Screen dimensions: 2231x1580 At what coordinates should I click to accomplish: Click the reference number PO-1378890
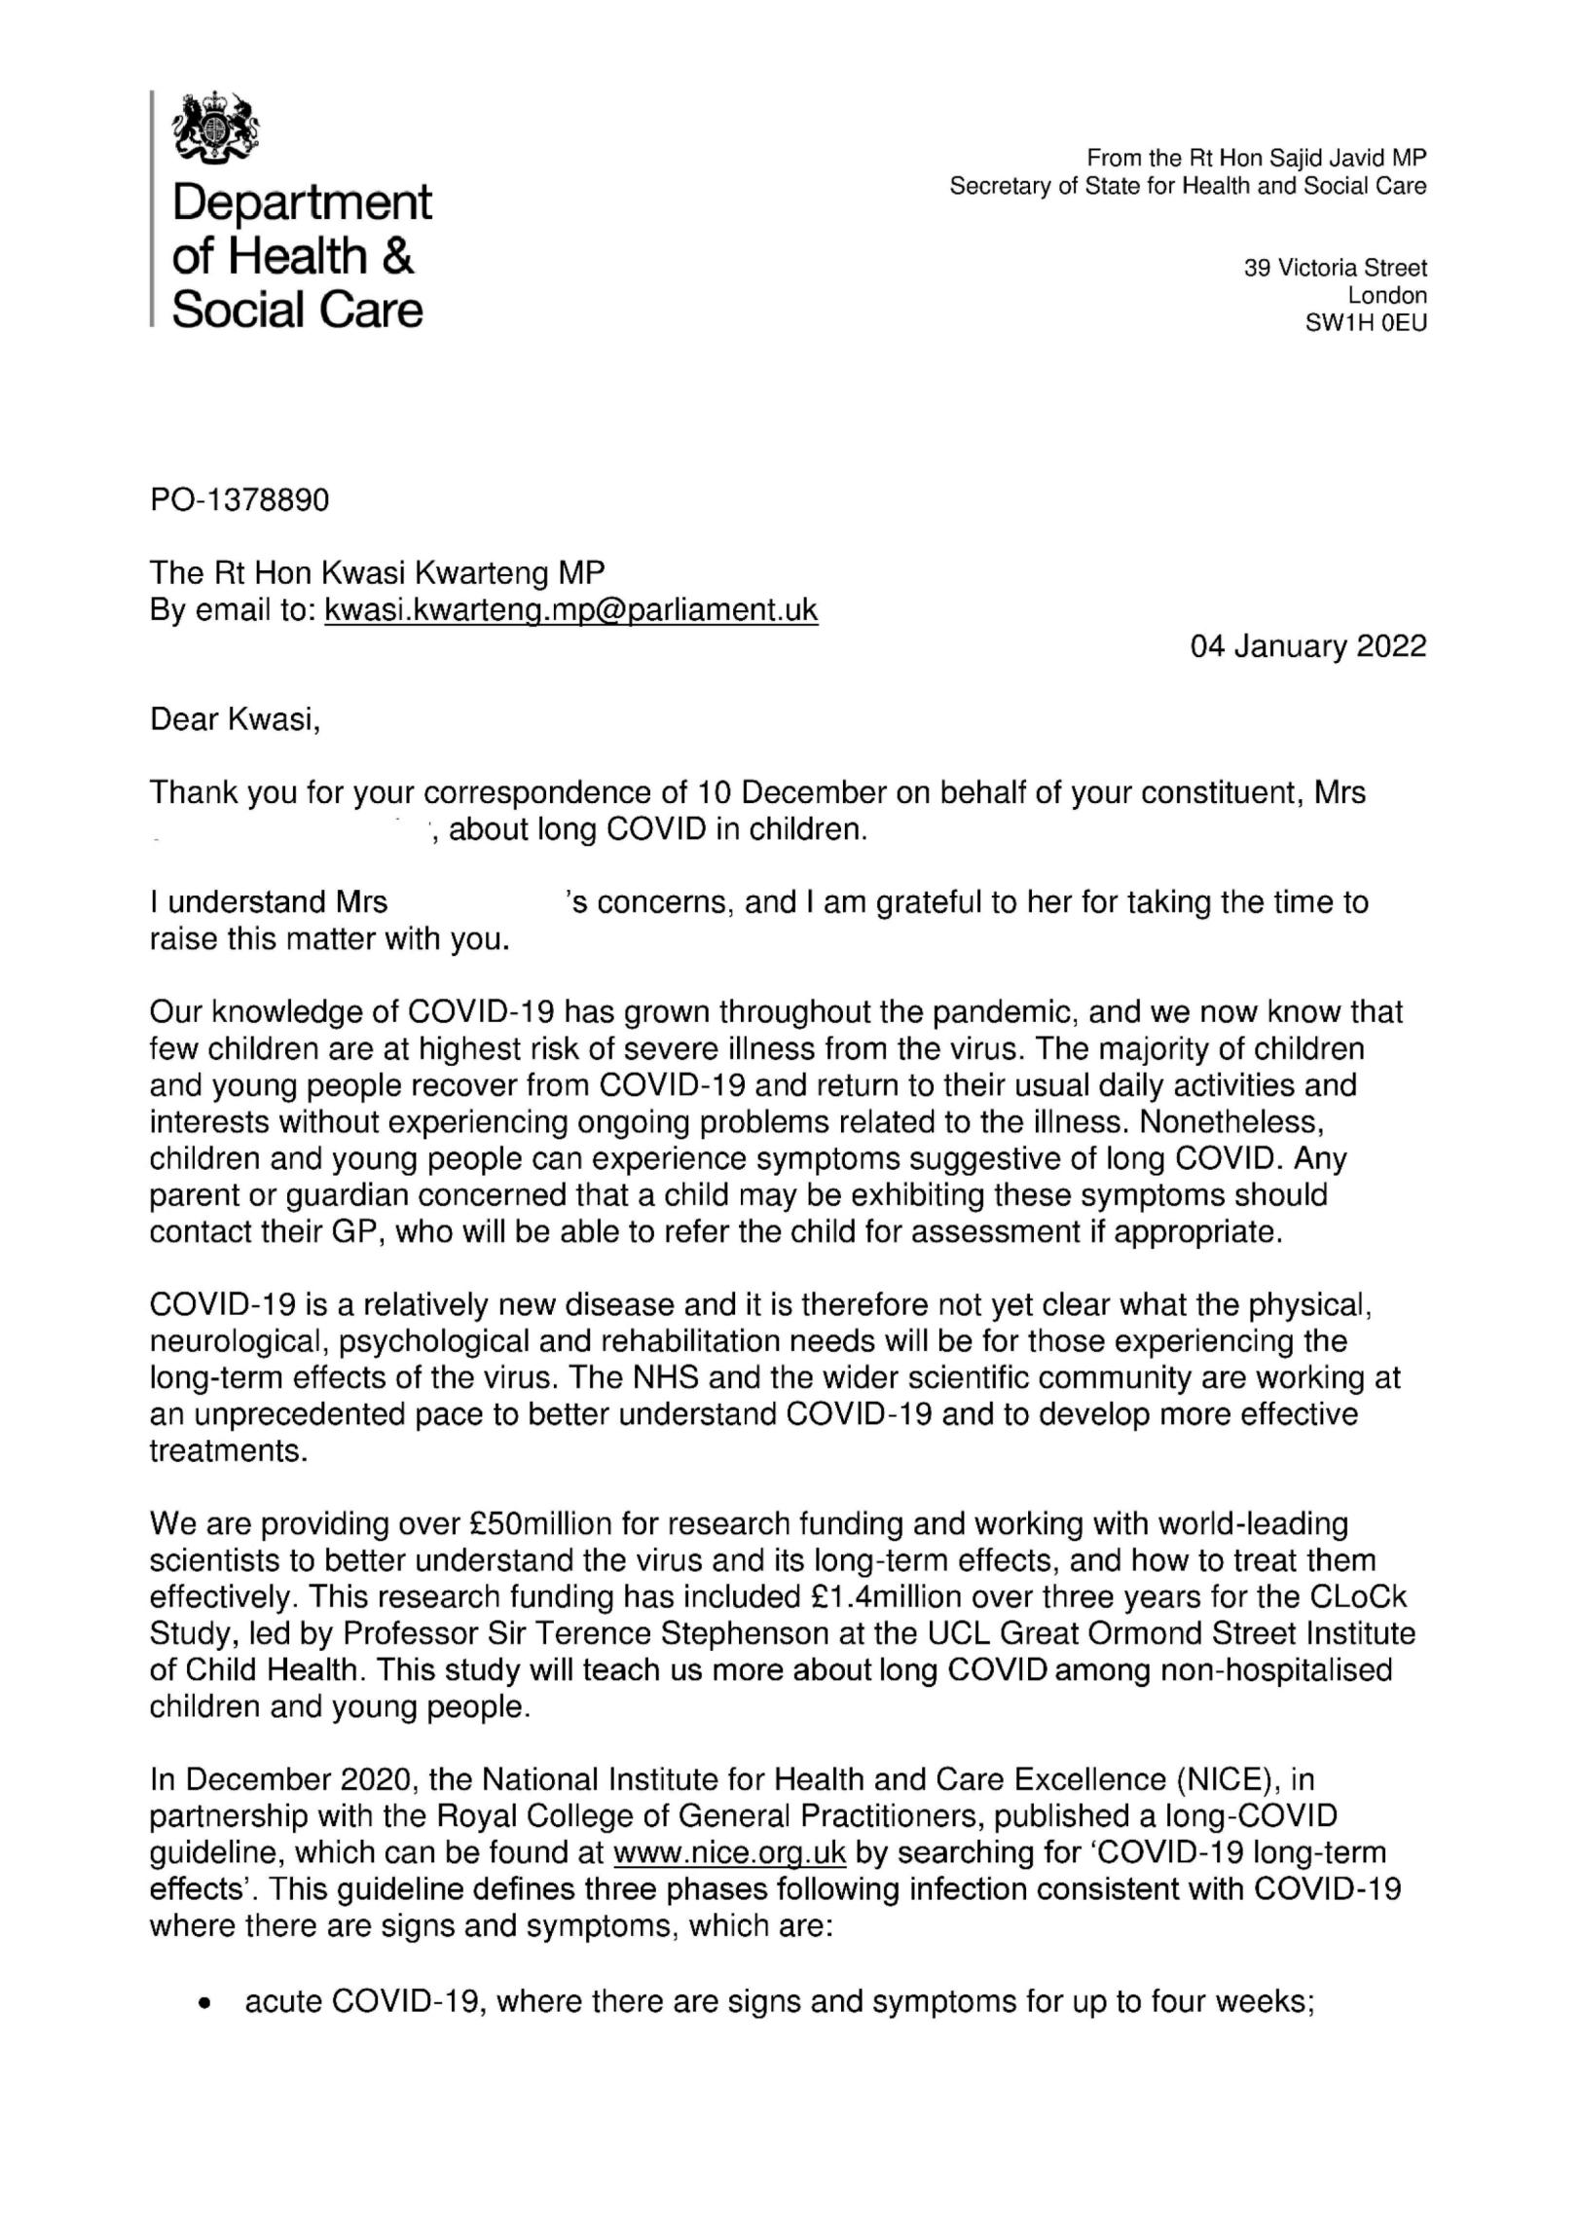pyautogui.click(x=239, y=500)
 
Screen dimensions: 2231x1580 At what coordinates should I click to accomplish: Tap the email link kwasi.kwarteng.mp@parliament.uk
pyautogui.click(x=570, y=610)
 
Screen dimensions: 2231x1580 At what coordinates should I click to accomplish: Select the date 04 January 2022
pyautogui.click(x=1308, y=646)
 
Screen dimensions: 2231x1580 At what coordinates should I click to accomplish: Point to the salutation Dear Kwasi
pyautogui.click(x=234, y=720)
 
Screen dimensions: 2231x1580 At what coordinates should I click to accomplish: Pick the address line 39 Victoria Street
pyautogui.click(x=1335, y=268)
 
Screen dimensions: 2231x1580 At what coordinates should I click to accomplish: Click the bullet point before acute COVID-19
pyautogui.click(x=204, y=2004)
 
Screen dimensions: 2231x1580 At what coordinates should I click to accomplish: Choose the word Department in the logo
pyautogui.click(x=302, y=202)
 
